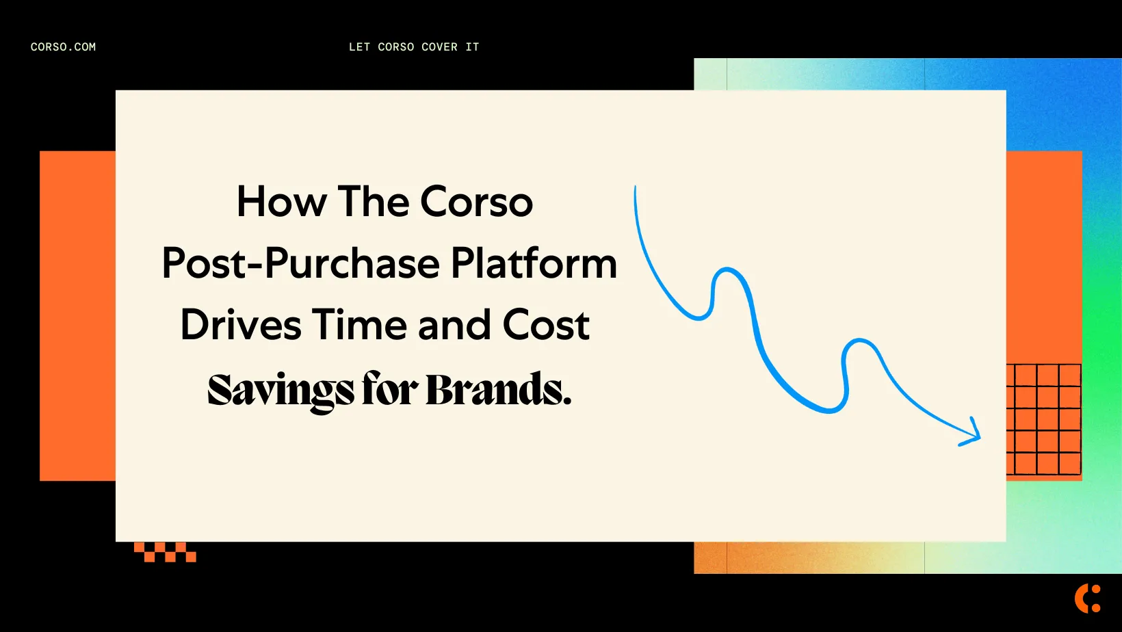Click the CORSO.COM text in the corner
coord(63,47)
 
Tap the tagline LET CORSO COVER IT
coord(414,47)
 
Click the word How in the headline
coord(282,202)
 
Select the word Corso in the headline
coord(476,202)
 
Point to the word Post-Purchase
coord(301,264)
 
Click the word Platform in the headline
coord(534,264)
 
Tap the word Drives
coord(241,325)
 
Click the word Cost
coord(546,325)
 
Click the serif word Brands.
coord(498,390)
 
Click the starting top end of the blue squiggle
coord(636,189)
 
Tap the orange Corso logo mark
coord(1088,598)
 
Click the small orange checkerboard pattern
coord(165,552)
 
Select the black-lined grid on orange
coord(1044,419)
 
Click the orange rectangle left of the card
coord(77,315)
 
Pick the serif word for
coord(390,390)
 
